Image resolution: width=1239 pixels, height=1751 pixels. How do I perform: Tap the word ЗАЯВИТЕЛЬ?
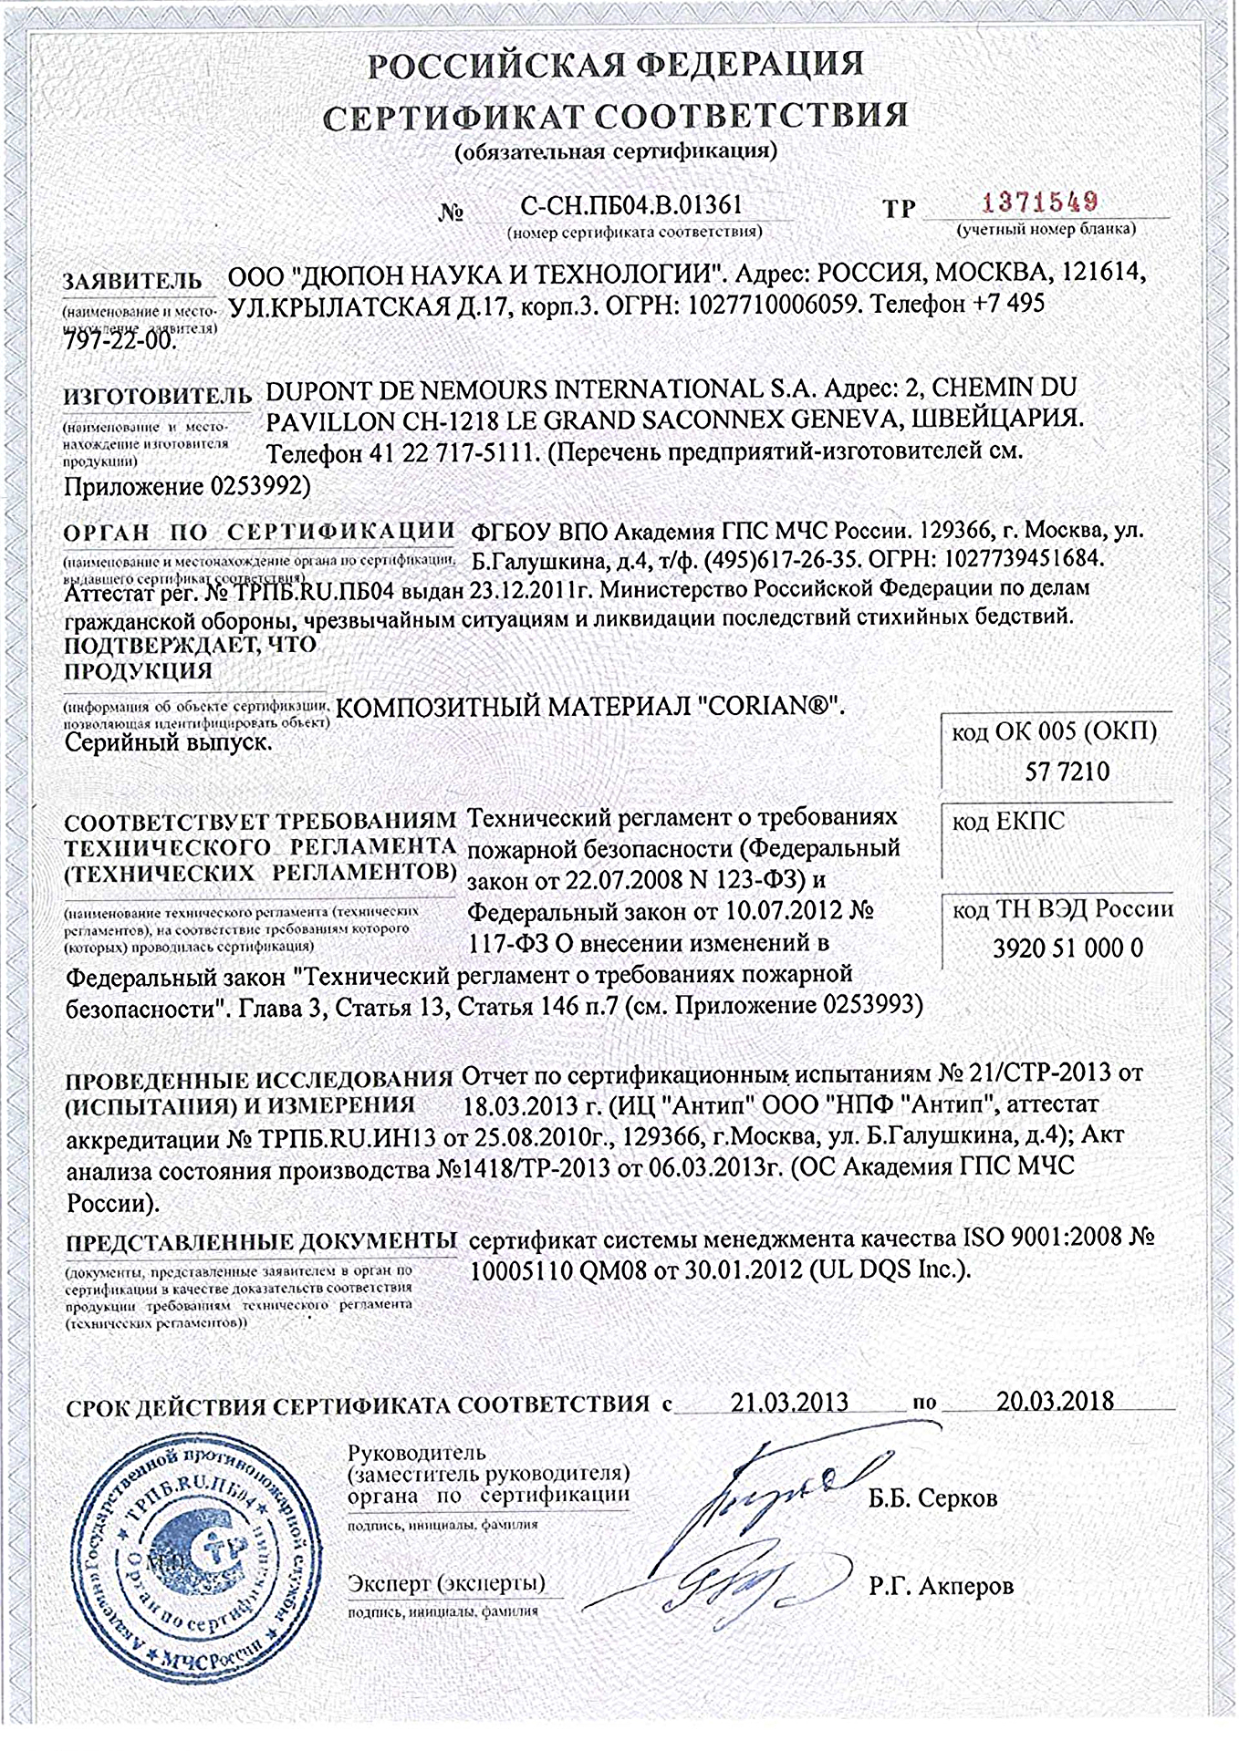[x=132, y=281]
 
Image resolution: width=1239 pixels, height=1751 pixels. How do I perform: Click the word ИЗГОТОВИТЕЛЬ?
[x=157, y=397]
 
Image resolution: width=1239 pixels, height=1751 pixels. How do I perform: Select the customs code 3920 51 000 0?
[x=1067, y=948]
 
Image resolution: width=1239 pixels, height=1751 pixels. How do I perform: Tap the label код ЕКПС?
[x=1008, y=822]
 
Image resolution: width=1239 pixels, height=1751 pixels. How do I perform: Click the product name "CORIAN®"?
[x=773, y=707]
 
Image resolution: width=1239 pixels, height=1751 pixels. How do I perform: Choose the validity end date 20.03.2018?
[x=1054, y=1400]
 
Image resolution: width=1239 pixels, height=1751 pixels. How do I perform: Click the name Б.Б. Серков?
[x=933, y=1497]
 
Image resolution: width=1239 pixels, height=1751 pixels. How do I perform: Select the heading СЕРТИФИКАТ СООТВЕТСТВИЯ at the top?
[x=617, y=117]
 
